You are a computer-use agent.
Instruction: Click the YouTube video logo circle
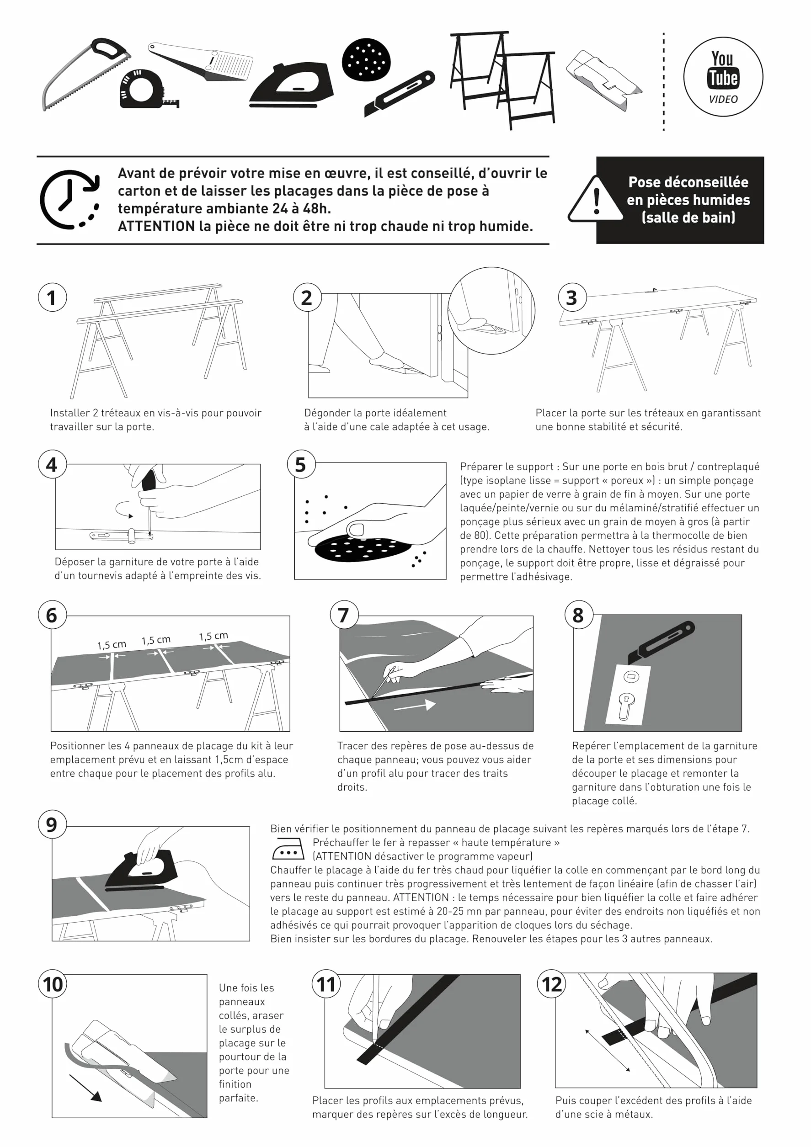723,76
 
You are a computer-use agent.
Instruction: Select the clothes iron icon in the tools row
292,85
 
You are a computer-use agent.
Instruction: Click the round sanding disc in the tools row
366,60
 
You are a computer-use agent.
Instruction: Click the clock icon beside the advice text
70,199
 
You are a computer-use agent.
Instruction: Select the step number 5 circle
301,464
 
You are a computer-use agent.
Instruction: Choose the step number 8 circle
579,615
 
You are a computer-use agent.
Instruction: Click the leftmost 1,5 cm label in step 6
112,645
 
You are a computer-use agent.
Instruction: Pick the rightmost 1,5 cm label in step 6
213,636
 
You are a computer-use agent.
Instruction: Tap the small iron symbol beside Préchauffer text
288,848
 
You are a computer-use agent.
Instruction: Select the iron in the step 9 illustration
141,870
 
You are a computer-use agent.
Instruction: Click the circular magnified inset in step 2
491,310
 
